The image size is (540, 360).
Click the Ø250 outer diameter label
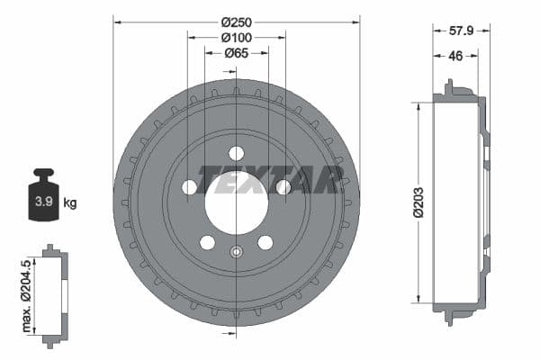(x=236, y=21)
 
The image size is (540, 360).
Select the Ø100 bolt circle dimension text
(x=236, y=37)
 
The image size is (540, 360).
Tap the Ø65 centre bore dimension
(x=236, y=53)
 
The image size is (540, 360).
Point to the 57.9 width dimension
(x=461, y=30)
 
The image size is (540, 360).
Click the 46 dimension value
(x=456, y=55)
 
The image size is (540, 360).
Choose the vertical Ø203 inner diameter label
(x=418, y=202)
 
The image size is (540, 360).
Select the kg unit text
(x=70, y=202)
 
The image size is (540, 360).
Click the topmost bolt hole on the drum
(x=236, y=153)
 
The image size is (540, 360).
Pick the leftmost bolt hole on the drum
(x=189, y=187)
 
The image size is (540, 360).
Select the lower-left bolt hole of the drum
(x=207, y=242)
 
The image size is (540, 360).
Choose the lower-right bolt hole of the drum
(x=265, y=242)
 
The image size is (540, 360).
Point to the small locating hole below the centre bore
(x=236, y=252)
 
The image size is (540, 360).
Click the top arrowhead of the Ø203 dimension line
(x=418, y=105)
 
